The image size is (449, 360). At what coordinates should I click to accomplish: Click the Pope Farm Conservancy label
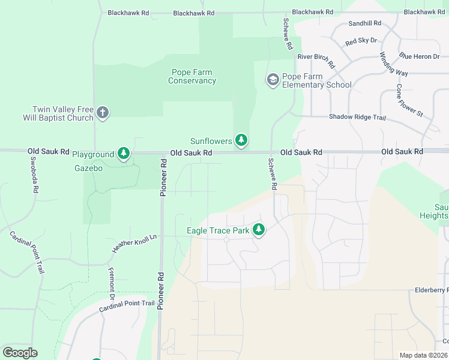[x=191, y=77]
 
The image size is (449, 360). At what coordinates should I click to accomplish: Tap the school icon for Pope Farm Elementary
[x=273, y=80]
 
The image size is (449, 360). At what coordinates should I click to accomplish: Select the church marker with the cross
[x=103, y=113]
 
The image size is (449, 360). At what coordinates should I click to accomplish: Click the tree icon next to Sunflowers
[x=241, y=140]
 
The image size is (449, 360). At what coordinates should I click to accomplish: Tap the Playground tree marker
[x=123, y=154]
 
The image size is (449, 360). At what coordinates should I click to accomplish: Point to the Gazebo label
[x=88, y=169]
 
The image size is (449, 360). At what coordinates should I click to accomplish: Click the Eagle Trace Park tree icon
[x=259, y=229]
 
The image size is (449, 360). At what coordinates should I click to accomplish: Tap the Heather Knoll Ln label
[x=134, y=243]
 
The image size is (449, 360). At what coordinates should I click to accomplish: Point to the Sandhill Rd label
[x=365, y=23]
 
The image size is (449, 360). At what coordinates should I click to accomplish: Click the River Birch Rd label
[x=316, y=57]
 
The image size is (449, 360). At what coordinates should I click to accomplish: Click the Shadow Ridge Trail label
[x=357, y=118]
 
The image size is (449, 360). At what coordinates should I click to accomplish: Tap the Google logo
[x=20, y=353]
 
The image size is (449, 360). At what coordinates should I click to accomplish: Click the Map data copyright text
[x=423, y=355]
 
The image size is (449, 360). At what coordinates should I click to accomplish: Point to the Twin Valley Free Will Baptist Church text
[x=63, y=114]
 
